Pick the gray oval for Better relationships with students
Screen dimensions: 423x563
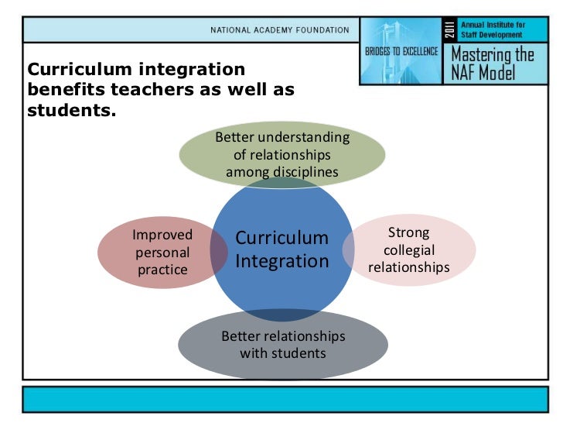coord(283,345)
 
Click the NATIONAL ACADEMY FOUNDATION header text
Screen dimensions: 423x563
coord(279,30)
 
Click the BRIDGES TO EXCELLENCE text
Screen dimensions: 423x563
coord(401,52)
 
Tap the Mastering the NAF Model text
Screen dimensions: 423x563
coord(492,63)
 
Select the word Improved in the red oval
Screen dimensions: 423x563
coord(162,235)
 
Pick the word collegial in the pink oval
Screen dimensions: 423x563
coord(409,249)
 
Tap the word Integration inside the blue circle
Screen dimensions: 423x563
coord(281,261)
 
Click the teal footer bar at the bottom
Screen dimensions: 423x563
coord(281,398)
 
